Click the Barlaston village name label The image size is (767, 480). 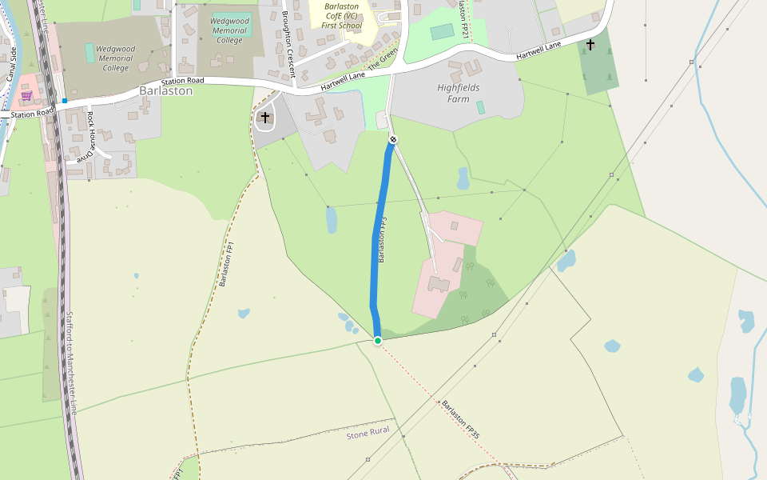point(165,91)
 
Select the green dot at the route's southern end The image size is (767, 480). point(378,341)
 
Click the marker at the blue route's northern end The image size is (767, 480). point(392,140)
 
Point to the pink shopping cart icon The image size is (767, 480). point(26,96)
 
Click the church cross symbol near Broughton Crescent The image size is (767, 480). point(265,118)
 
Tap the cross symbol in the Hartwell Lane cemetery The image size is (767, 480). point(590,45)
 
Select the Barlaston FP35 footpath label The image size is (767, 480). point(461,419)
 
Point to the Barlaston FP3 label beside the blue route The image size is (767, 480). point(382,240)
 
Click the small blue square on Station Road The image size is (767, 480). point(64,101)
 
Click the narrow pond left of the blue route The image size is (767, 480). point(332,220)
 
